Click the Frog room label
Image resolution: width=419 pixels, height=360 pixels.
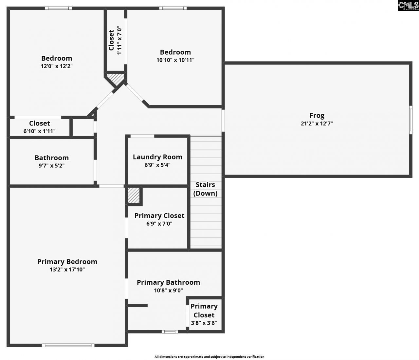click(317, 116)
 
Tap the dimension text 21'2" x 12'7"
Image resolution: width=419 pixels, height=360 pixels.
click(317, 123)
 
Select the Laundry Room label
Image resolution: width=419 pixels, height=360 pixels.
click(157, 157)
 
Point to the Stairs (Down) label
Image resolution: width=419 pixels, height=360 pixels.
click(205, 189)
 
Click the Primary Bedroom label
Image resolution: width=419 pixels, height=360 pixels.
click(67, 262)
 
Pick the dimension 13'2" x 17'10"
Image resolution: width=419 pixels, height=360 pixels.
click(67, 270)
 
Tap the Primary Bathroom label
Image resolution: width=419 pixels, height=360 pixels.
click(168, 282)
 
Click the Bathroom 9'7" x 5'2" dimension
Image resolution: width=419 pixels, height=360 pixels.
click(51, 166)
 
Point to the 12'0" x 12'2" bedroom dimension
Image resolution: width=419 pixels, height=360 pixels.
click(57, 66)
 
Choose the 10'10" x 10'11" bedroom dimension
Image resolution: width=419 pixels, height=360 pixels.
click(175, 60)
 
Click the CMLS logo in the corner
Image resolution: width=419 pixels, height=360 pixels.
click(408, 6)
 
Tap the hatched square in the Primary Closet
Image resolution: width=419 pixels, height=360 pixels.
click(134, 195)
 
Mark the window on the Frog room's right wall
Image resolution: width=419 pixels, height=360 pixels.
click(410, 120)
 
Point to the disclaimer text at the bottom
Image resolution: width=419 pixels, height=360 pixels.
click(209, 357)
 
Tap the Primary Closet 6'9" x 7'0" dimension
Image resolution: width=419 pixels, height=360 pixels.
click(159, 224)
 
